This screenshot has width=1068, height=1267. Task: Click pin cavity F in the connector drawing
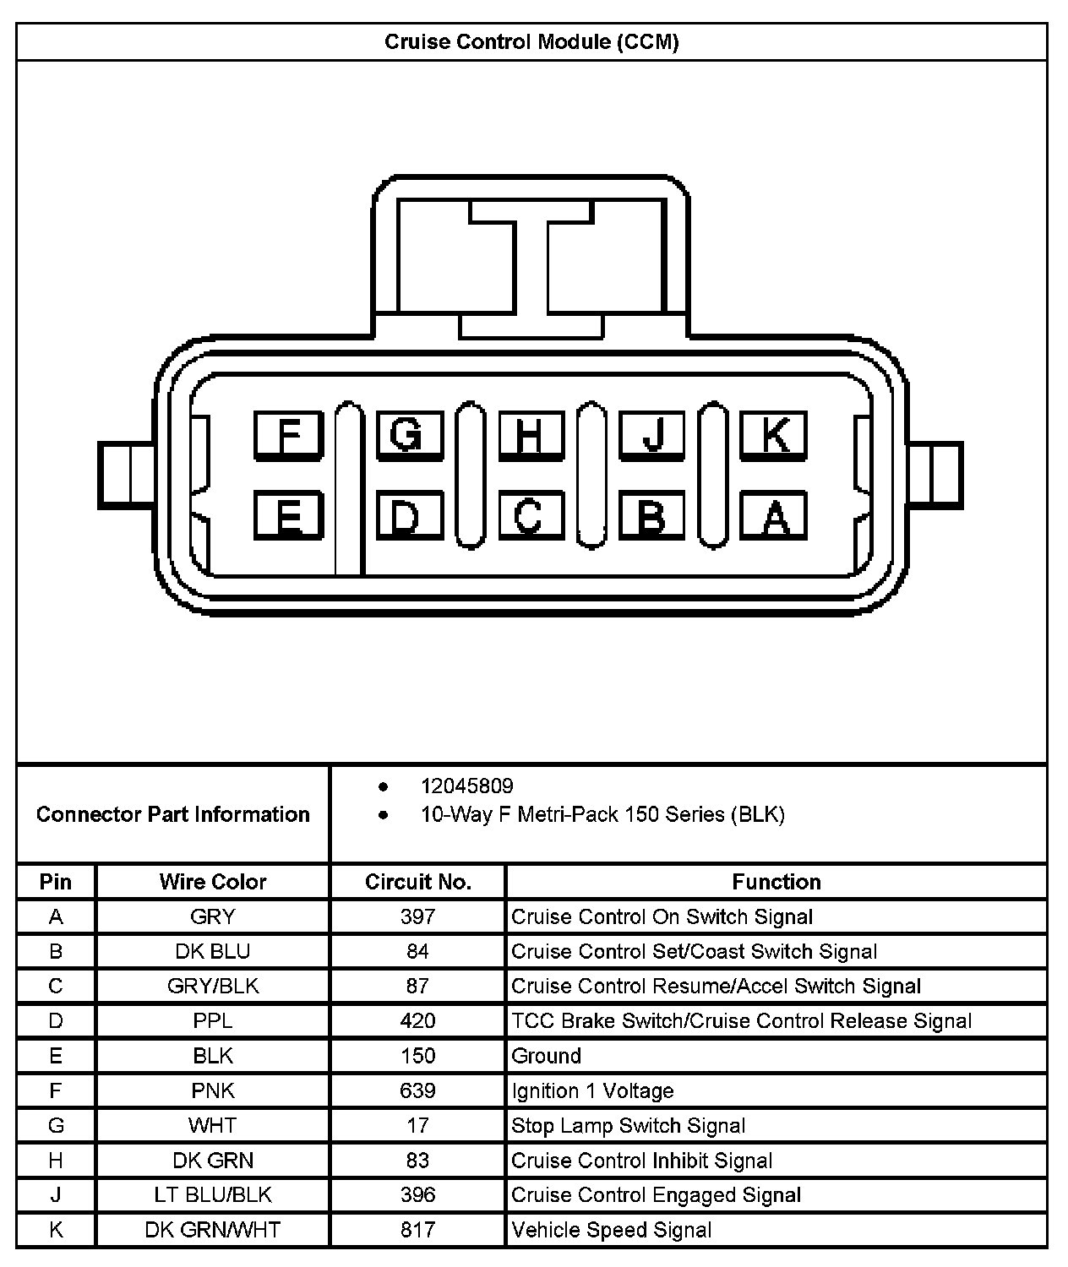point(289,435)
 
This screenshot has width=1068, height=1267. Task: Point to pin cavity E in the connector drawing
point(289,515)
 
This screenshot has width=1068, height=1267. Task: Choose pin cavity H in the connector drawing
point(531,435)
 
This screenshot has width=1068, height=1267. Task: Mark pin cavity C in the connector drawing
point(531,515)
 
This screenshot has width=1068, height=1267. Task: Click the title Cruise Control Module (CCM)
point(531,41)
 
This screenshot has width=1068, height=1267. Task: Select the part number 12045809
point(466,786)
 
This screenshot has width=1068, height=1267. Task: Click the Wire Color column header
point(213,882)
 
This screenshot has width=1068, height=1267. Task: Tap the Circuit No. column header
point(417,882)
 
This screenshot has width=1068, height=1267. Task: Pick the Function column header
point(776,882)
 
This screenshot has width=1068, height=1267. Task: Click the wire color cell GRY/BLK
point(213,986)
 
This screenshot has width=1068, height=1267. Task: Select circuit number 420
point(417,1020)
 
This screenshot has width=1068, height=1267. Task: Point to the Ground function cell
point(547,1056)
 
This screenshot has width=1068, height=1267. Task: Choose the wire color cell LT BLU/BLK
point(213,1194)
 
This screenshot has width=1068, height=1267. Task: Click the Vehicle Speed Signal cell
point(612,1230)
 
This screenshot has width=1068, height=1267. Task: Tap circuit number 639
point(417,1090)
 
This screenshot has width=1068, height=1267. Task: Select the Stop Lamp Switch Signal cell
point(629,1125)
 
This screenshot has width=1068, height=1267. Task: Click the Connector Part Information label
point(173,814)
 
